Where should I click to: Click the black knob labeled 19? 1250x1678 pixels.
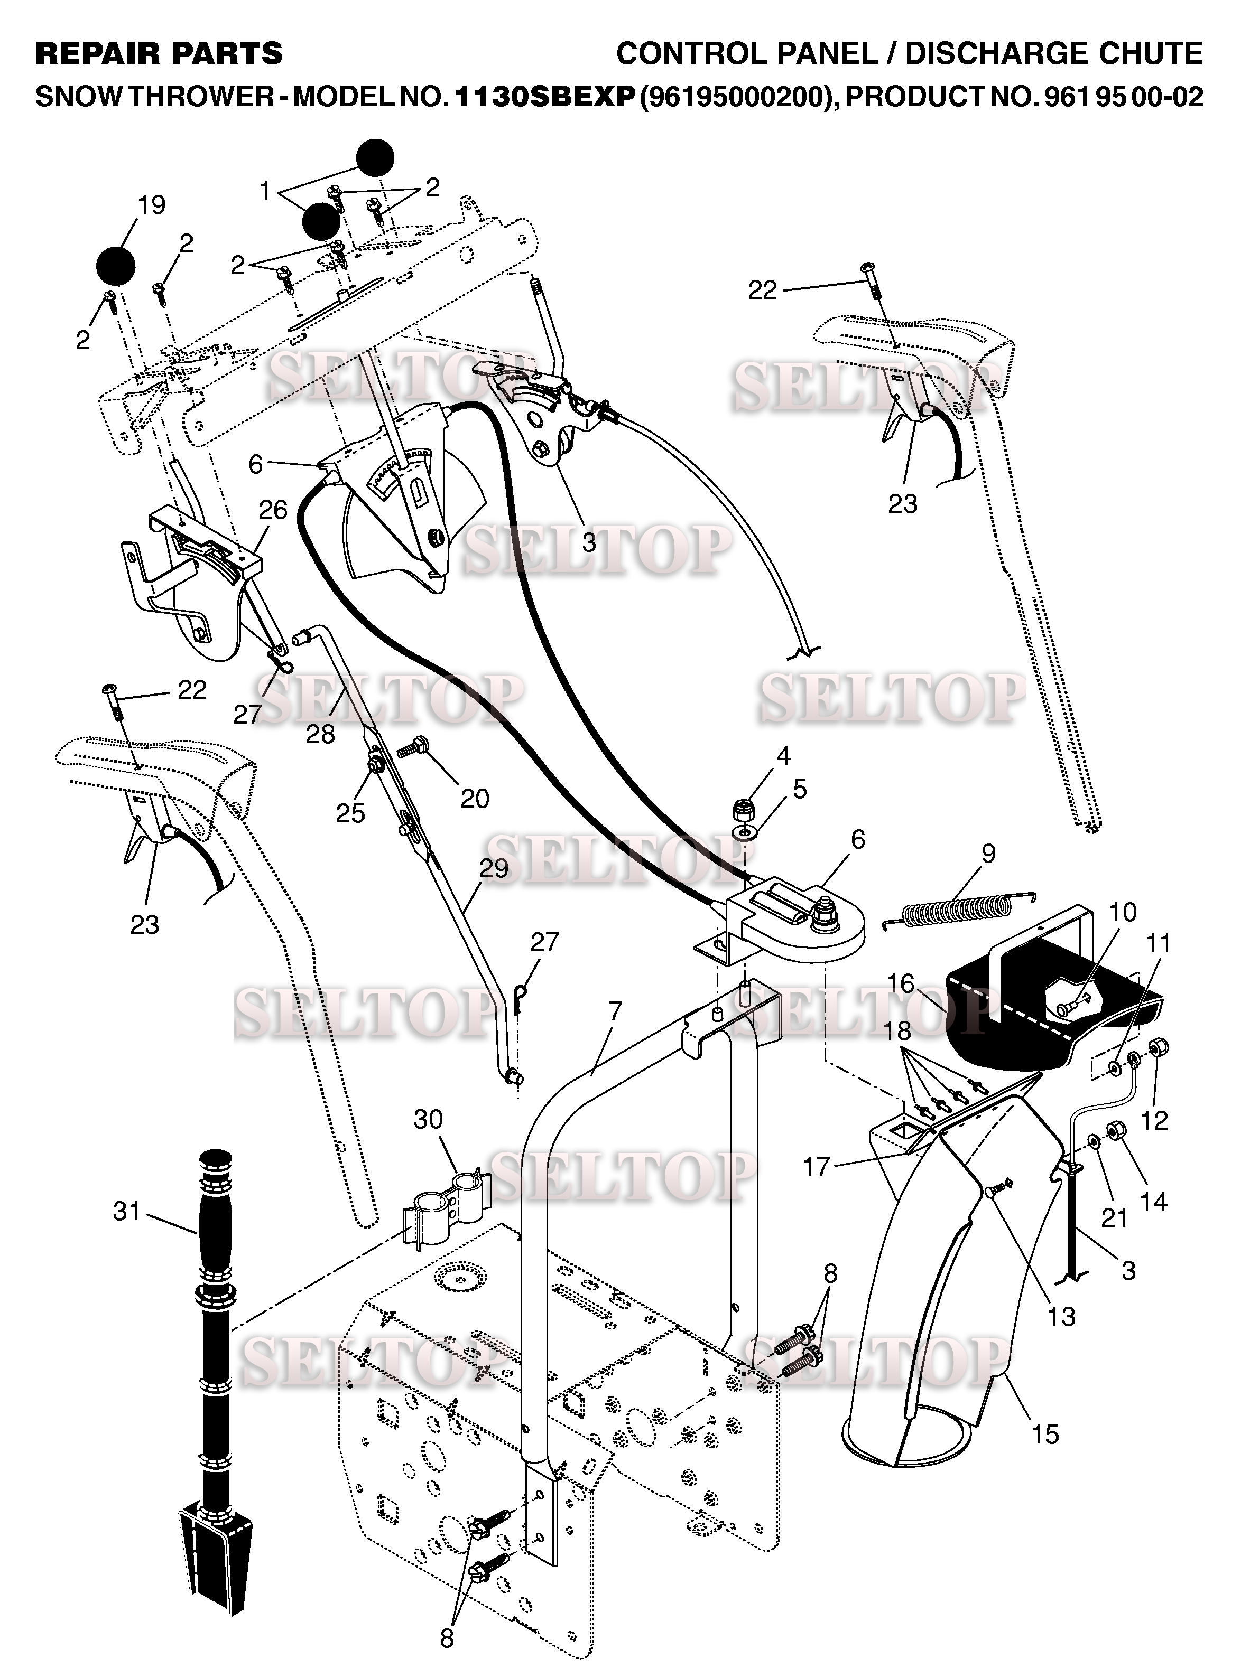pos(116,266)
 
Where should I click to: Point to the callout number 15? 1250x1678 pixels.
pos(1045,1434)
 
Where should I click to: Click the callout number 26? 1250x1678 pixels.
pos(273,510)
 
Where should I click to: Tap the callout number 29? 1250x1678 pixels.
pos(493,868)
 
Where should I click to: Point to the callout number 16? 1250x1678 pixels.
pos(901,983)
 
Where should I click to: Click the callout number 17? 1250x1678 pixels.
pos(817,1167)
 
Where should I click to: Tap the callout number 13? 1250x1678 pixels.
pos(1061,1317)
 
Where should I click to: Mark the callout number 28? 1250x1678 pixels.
pos(320,734)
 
